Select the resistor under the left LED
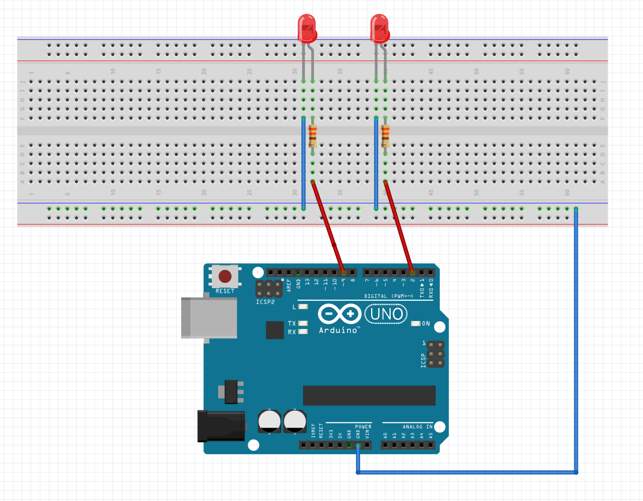tap(313, 136)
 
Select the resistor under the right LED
tap(385, 136)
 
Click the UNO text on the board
tap(386, 315)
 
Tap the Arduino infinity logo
tap(339, 315)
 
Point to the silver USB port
tap(208, 317)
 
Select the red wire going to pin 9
tap(328, 226)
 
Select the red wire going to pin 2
tap(398, 226)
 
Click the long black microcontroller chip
tap(369, 395)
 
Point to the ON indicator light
tap(415, 324)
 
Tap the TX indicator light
tap(303, 324)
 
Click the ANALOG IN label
tap(417, 427)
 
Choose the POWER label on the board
tap(363, 427)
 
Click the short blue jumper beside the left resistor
tap(304, 163)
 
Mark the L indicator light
tap(303, 307)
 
